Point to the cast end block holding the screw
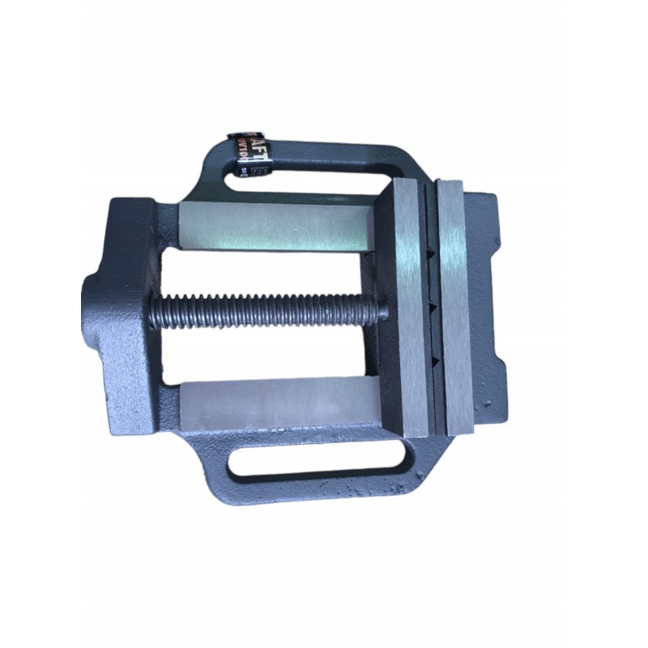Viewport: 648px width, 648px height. (x=130, y=308)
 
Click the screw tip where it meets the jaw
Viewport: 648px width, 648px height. (x=379, y=309)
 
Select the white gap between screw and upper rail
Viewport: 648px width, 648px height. (x=267, y=271)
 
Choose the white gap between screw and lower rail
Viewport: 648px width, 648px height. (x=267, y=352)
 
